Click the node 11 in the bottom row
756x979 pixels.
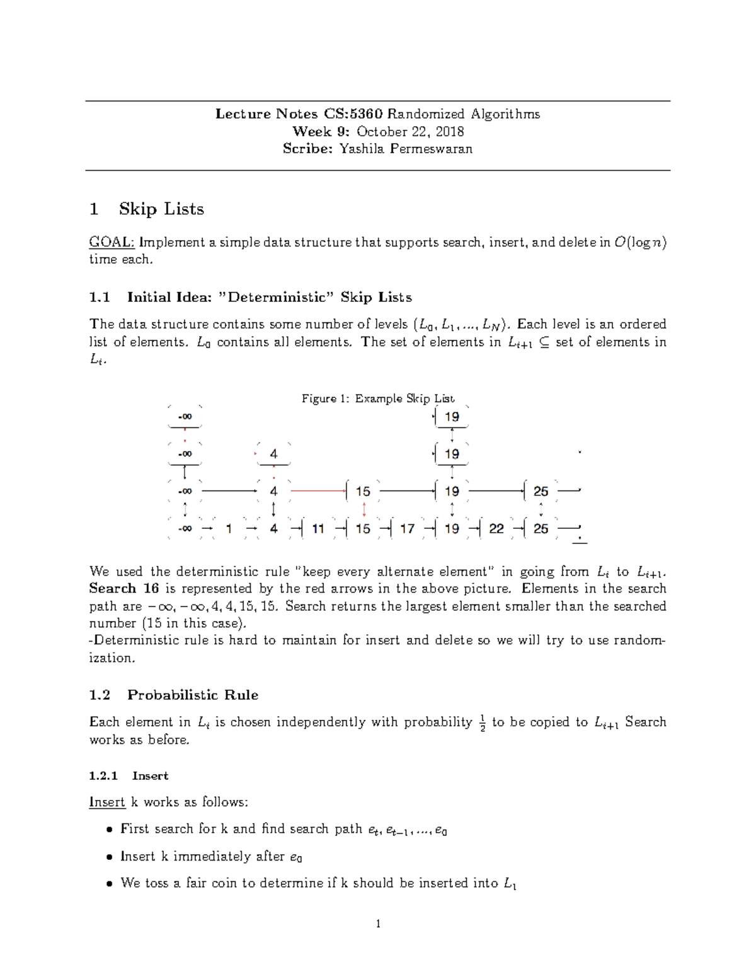[318, 529]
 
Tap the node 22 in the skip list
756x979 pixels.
[496, 529]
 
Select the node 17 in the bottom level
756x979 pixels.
[408, 529]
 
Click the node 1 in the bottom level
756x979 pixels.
[229, 529]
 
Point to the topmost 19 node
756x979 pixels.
[452, 417]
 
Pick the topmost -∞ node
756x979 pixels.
[185, 417]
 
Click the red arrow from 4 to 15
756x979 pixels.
[318, 490]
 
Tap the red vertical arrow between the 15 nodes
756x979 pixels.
[364, 509]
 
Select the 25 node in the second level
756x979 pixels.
[541, 491]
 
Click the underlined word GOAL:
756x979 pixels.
[112, 242]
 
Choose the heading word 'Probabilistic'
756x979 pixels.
[172, 695]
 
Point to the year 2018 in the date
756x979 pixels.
[450, 131]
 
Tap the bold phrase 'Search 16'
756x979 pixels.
[123, 589]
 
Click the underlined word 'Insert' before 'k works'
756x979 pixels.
[106, 802]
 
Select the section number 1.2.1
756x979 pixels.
[103, 776]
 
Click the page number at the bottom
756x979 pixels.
[378, 924]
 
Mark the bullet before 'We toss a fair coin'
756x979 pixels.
[109, 884]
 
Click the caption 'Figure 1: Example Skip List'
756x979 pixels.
[377, 398]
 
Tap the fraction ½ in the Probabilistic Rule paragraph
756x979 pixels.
[482, 722]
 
